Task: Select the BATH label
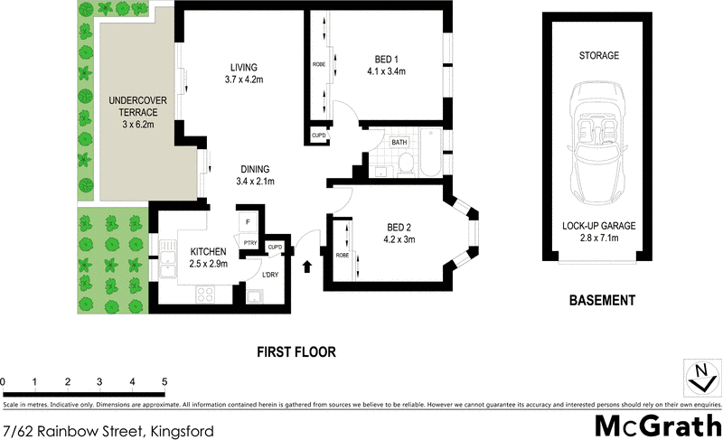click(x=399, y=143)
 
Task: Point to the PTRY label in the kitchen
click(x=249, y=241)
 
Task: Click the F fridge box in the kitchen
click(x=248, y=220)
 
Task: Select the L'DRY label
click(x=269, y=275)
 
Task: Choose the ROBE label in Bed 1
click(x=319, y=64)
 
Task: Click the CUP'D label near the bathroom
click(x=318, y=136)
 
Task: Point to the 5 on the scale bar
click(x=164, y=381)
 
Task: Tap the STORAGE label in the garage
click(x=598, y=56)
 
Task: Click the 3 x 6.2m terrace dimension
click(x=133, y=124)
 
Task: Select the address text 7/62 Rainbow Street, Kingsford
click(x=108, y=431)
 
